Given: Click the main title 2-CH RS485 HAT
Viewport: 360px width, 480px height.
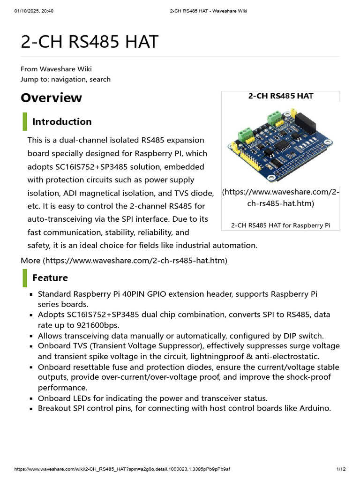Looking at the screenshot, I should coord(90,42).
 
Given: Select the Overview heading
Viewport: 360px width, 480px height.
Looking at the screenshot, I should coord(51,97).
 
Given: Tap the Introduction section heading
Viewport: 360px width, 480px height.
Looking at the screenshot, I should coord(62,122).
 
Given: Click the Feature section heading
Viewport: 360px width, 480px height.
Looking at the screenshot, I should coord(50,278).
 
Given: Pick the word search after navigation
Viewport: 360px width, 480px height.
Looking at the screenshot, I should coord(100,79).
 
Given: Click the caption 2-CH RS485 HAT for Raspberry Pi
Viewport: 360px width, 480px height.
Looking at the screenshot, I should coord(280,225).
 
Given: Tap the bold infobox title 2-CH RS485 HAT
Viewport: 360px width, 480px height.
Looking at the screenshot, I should coord(280,96).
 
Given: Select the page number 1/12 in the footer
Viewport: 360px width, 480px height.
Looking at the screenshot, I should coord(341,469).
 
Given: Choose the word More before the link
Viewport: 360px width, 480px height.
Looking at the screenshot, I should coord(30,260).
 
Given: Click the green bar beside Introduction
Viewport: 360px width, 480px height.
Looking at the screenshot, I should coord(25,122).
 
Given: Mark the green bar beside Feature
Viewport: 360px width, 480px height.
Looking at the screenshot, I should coord(25,278).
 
